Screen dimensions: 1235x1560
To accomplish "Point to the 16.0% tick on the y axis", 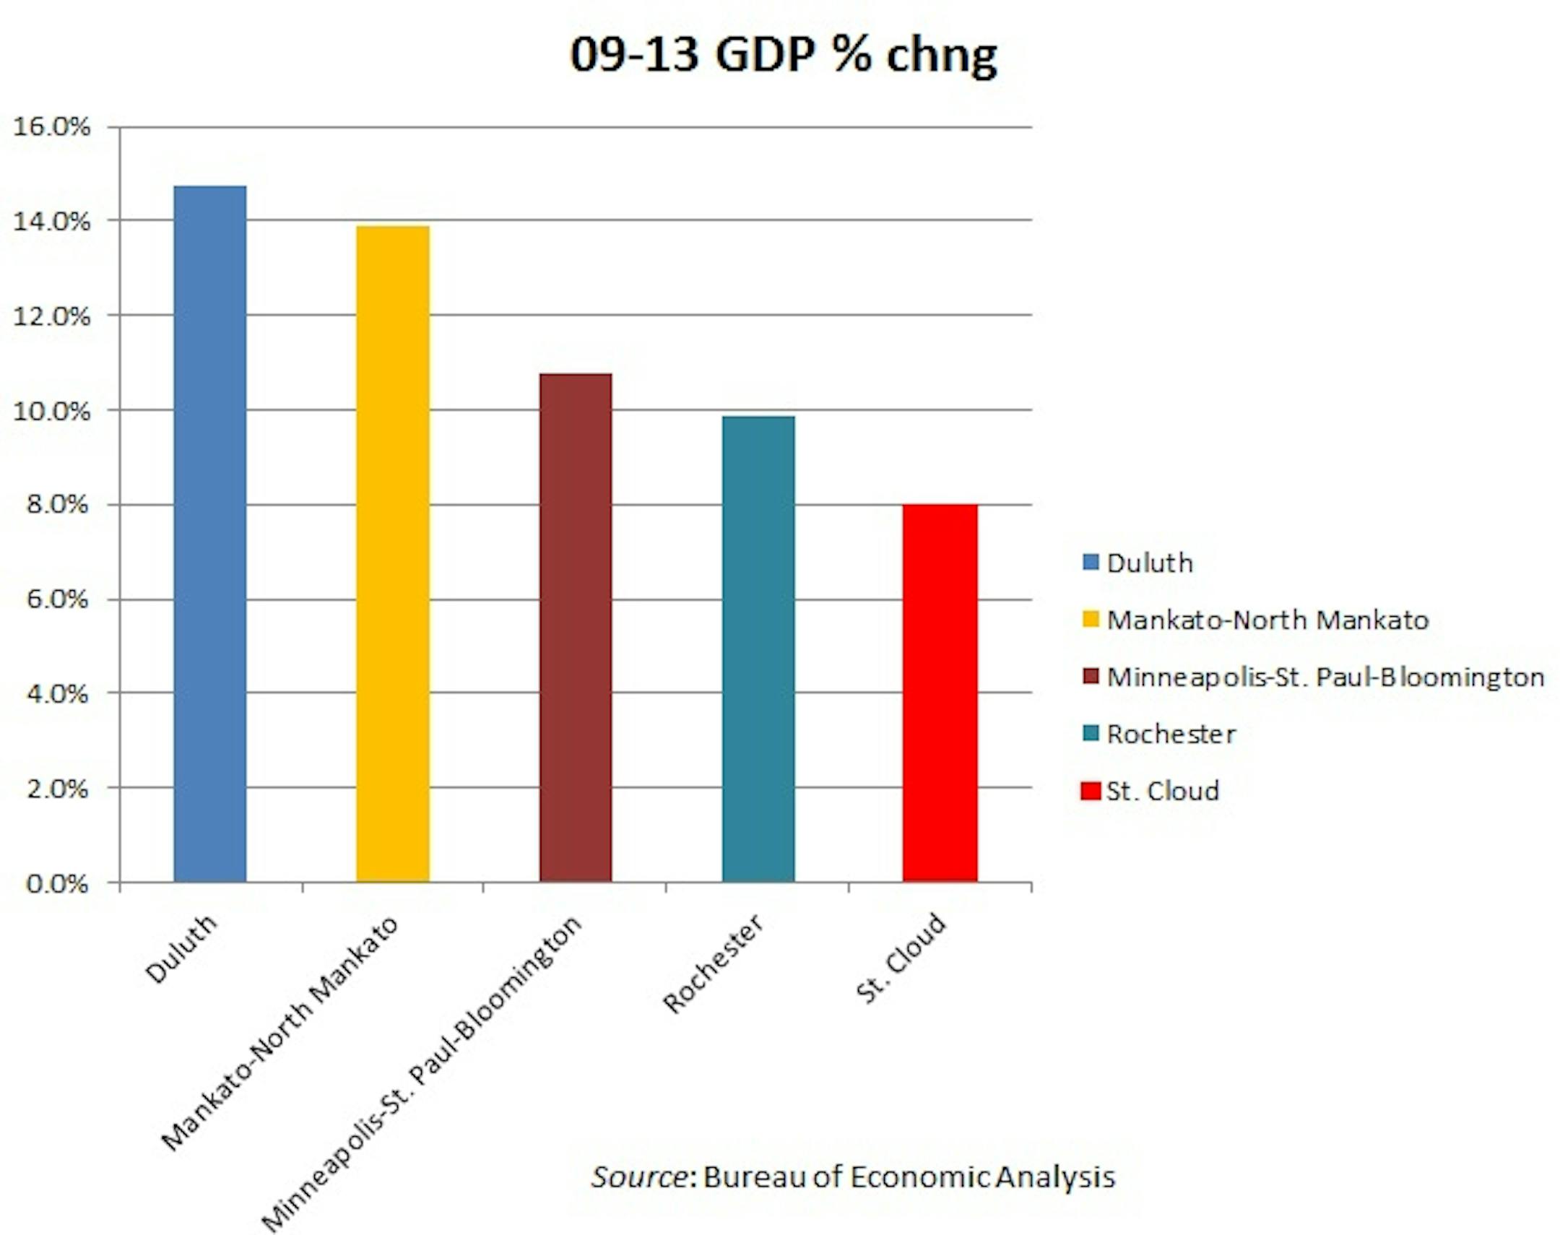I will pyautogui.click(x=52, y=127).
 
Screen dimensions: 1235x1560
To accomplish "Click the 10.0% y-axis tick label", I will pyautogui.click(x=52, y=412).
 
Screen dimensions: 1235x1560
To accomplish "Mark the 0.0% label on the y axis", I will pyautogui.click(x=56, y=883).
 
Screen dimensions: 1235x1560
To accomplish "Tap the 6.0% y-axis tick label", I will pyautogui.click(x=56, y=599).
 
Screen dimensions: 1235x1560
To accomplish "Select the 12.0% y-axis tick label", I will pyautogui.click(x=52, y=317).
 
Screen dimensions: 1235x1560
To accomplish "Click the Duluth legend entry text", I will pyautogui.click(x=1149, y=563).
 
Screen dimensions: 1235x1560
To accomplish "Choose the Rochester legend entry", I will pyautogui.click(x=1171, y=734).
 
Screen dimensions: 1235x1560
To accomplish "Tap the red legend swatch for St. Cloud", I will pyautogui.click(x=1090, y=791).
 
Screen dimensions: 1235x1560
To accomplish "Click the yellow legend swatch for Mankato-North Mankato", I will pyautogui.click(x=1090, y=620).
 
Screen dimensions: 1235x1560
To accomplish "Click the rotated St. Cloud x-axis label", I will pyautogui.click(x=901, y=958).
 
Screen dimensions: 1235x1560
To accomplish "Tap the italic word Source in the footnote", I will pyautogui.click(x=639, y=1177).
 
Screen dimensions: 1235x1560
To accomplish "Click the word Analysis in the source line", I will pyautogui.click(x=1054, y=1177).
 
